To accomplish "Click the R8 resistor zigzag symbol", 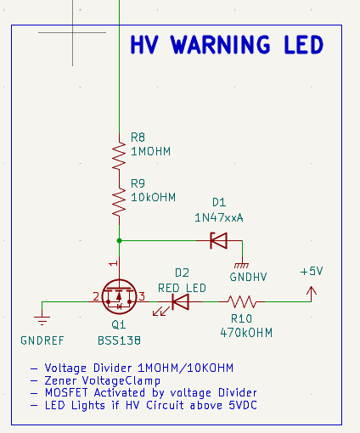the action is pyautogui.click(x=119, y=155).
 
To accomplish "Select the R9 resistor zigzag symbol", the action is pyautogui.click(x=119, y=201).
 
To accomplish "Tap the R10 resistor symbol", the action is pyautogui.click(x=242, y=301).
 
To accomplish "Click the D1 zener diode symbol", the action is pyautogui.click(x=219, y=240).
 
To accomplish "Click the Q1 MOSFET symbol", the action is pyautogui.click(x=119, y=296).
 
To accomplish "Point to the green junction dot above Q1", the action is pyautogui.click(x=119, y=240).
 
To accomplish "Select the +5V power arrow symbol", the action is pyautogui.click(x=312, y=294).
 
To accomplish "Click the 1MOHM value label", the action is pyautogui.click(x=151, y=151).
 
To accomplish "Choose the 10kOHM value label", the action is pyautogui.click(x=153, y=197).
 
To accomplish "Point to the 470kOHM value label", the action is pyautogui.click(x=246, y=333).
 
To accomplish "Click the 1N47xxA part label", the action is pyautogui.click(x=219, y=217).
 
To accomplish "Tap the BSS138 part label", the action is pyautogui.click(x=119, y=340).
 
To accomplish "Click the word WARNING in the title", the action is pyautogui.click(x=221, y=45).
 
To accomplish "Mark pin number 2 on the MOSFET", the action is pyautogui.click(x=96, y=296).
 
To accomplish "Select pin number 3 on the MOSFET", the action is pyautogui.click(x=142, y=296).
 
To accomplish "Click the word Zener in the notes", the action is pyautogui.click(x=60, y=380).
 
